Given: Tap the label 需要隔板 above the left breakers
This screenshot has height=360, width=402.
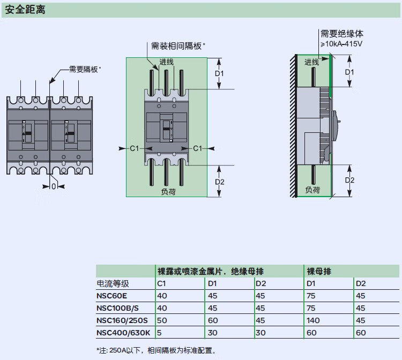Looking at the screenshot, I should click(84, 69).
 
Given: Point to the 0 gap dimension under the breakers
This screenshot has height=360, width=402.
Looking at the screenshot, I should click(54, 186).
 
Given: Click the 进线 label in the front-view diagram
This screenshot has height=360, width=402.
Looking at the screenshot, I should click(167, 62).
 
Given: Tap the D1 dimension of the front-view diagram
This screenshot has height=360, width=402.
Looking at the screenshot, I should click(219, 73).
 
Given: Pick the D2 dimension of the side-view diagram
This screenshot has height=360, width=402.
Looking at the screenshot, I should click(349, 180).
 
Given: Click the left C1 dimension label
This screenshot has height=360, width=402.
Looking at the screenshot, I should click(135, 148).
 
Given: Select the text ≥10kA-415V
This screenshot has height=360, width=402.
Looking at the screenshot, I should click(341, 43).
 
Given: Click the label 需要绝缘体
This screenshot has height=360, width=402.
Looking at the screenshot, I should click(342, 34).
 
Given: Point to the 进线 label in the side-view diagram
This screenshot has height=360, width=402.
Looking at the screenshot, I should click(312, 62).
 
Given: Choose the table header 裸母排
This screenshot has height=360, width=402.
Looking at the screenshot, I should click(318, 271).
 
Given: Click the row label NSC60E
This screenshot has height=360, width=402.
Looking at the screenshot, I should click(112, 296).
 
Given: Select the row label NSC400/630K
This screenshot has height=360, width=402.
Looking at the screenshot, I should click(122, 333).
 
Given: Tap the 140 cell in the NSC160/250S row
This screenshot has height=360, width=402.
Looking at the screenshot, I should click(312, 320).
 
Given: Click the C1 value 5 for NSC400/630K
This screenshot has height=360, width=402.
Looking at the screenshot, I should click(159, 333).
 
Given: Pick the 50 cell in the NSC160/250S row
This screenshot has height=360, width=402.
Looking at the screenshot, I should click(161, 320).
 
